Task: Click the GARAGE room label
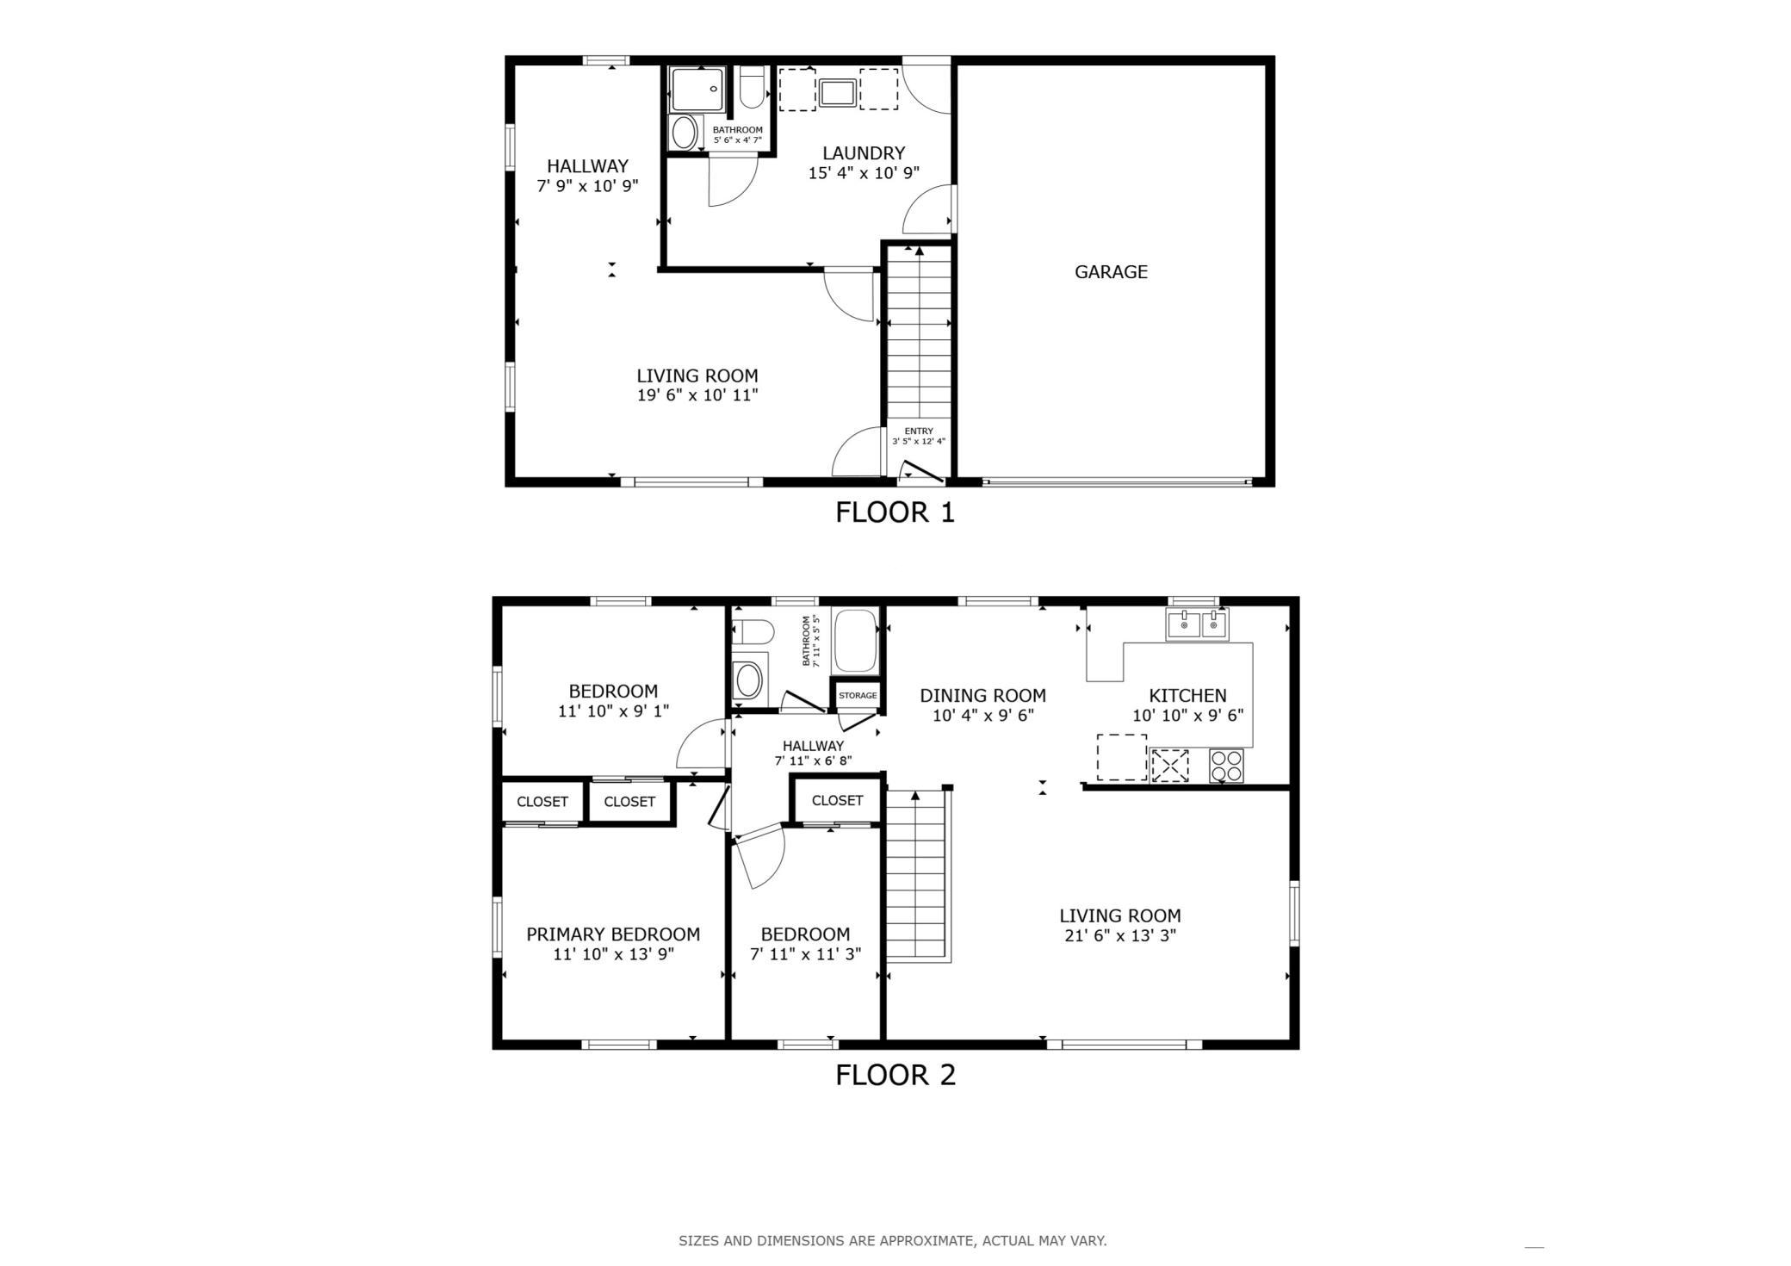(x=1111, y=272)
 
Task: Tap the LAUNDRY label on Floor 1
(x=864, y=153)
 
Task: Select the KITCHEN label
(x=1187, y=696)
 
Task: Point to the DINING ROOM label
(x=982, y=696)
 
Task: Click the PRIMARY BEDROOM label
(x=613, y=934)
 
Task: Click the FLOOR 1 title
(x=895, y=513)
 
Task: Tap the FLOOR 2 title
(x=895, y=1076)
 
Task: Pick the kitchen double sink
(x=1197, y=624)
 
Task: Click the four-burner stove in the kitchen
(x=1226, y=766)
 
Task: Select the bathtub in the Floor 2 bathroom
(x=855, y=642)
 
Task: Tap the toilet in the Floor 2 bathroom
(x=752, y=632)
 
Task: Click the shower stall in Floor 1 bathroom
(x=698, y=90)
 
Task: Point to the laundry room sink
(x=837, y=92)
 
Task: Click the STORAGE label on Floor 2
(x=858, y=696)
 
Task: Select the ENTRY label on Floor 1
(x=919, y=431)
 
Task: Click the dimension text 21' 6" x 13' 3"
(x=1120, y=936)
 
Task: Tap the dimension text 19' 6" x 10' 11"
(x=697, y=396)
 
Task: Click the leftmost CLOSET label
(x=542, y=802)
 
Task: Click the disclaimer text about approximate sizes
(x=893, y=1241)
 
